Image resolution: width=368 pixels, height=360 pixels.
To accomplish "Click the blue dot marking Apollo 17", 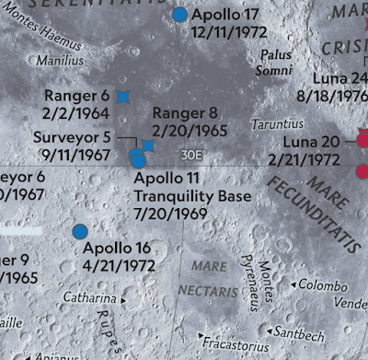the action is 179,15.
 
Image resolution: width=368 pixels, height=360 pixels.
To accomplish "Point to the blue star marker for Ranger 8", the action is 148,145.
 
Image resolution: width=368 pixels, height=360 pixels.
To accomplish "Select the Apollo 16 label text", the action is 117,248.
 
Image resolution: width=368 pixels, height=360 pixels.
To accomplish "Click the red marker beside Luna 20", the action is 362,141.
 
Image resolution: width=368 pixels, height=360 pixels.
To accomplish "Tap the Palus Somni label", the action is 275,64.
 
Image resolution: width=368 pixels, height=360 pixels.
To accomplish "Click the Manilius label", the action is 60,61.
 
